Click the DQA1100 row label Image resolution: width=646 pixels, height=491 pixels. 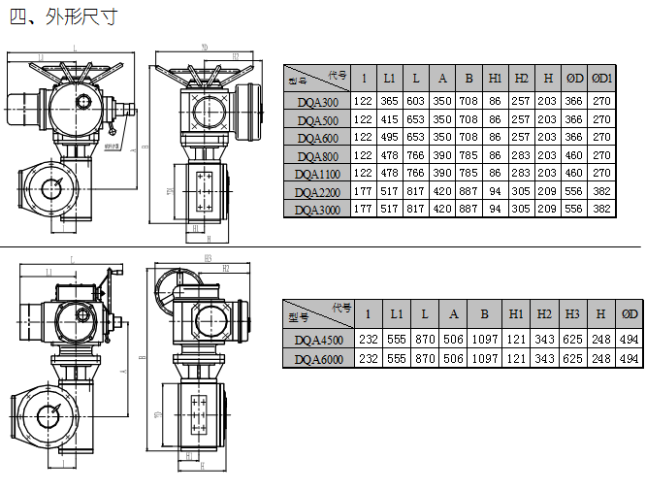click(x=317, y=174)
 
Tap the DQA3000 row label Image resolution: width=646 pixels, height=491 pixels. click(x=317, y=210)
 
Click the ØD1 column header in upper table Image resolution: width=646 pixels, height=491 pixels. click(x=602, y=78)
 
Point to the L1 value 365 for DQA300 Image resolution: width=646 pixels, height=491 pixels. click(x=389, y=102)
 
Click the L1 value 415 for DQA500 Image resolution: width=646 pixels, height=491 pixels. click(x=389, y=119)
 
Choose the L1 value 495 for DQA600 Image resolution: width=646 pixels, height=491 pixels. click(x=389, y=137)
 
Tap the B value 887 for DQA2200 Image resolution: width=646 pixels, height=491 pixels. click(x=468, y=191)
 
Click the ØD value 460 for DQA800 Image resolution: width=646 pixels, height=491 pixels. click(x=574, y=155)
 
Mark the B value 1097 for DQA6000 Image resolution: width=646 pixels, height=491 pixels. click(x=482, y=359)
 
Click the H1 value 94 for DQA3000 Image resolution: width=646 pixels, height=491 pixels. click(x=496, y=209)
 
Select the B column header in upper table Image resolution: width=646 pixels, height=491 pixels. click(x=468, y=78)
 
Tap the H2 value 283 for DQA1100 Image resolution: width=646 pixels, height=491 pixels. click(x=522, y=173)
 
